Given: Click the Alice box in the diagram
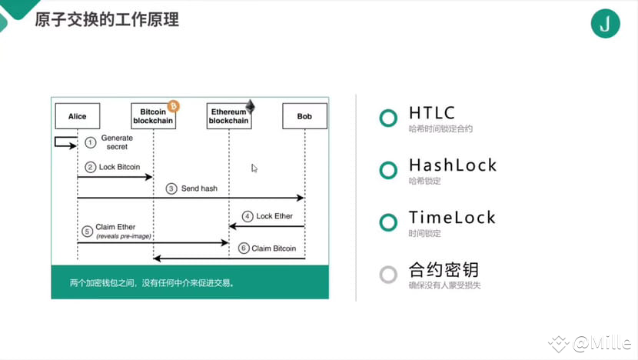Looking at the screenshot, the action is [78, 116].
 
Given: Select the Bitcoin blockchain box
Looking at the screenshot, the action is [154, 116].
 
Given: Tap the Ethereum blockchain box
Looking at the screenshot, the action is [229, 116].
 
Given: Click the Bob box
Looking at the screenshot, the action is [304, 116].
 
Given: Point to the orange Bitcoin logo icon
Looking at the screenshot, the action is [173, 106].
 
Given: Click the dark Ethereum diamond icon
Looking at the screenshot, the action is [250, 106].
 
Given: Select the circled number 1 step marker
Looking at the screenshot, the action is [91, 142].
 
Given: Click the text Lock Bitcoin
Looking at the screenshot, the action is [119, 167].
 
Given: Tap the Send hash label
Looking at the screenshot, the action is [199, 188].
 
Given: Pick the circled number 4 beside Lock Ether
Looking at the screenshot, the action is [248, 216].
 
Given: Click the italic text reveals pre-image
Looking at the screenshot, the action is [124, 236].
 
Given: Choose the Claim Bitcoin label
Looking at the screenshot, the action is [274, 248].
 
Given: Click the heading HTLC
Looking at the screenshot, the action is [432, 113].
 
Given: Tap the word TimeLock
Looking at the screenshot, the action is [452, 218].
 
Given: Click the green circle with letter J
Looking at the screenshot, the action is [606, 24].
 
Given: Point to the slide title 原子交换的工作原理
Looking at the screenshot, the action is [107, 19].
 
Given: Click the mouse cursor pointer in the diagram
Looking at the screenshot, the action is [254, 168].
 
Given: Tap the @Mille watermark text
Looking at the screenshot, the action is [602, 343].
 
